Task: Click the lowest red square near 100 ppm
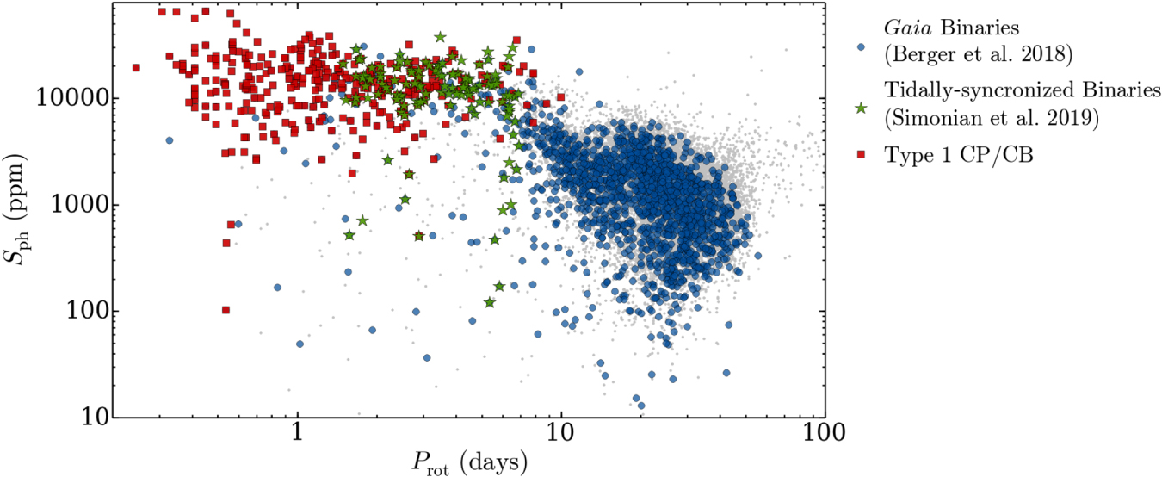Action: [226, 310]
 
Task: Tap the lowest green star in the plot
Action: [490, 302]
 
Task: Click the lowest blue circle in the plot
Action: [640, 406]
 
